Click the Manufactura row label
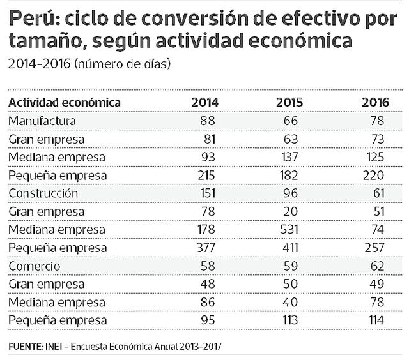pyautogui.click(x=43, y=120)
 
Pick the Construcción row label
pyautogui.click(x=43, y=193)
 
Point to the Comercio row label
pyautogui.click(x=35, y=266)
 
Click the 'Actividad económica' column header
pyautogui.click(x=65, y=102)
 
